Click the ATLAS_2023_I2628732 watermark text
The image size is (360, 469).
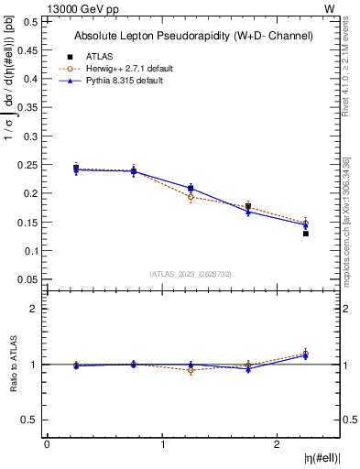pos(191,274)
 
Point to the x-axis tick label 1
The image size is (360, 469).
pos(163,444)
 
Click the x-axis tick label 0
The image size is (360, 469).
pos(47,444)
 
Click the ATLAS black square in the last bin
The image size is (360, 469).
pos(306,234)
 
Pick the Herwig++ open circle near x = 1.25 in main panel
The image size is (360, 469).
pos(191,197)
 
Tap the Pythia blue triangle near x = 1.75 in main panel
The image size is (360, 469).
pos(248,212)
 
